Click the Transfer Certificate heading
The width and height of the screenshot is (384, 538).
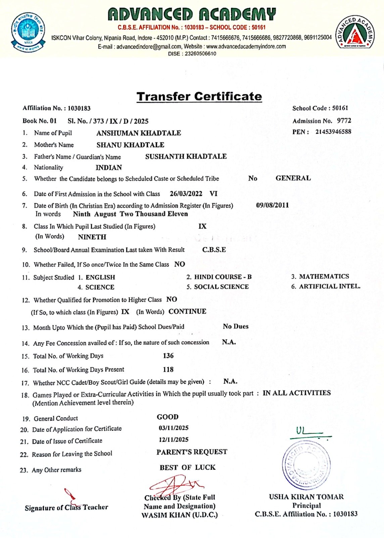(199, 97)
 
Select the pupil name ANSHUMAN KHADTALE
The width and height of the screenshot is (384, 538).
(139, 133)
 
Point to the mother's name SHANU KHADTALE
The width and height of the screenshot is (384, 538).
(130, 145)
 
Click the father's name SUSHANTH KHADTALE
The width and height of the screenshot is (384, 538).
(186, 156)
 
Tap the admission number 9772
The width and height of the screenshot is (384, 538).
(344, 121)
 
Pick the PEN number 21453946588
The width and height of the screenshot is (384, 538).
(333, 132)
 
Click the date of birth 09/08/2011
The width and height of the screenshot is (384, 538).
(272, 205)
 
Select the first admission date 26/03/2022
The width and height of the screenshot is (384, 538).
(186, 194)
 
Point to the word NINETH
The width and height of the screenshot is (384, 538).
(92, 237)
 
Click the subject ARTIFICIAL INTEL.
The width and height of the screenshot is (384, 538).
(330, 286)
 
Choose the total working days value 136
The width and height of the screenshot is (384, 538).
(168, 356)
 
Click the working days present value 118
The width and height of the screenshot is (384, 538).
(168, 370)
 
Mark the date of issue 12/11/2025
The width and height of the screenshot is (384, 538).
(174, 440)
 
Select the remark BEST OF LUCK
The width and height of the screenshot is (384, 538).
(188, 467)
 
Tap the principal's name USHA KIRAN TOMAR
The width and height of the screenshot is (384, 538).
(306, 497)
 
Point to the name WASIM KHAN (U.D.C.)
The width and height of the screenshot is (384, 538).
(180, 515)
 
